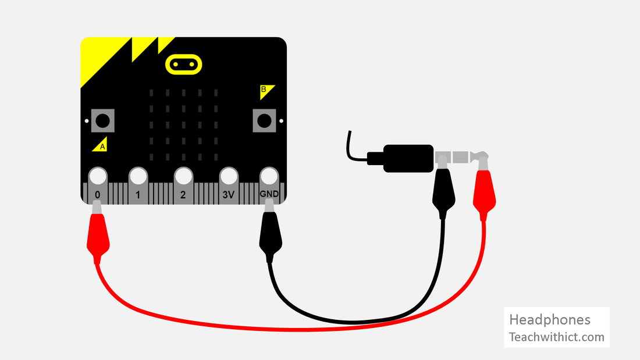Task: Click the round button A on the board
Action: (x=102, y=121)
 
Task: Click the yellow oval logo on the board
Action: (x=184, y=64)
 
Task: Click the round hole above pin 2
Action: (x=183, y=176)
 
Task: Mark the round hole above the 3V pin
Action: (x=228, y=176)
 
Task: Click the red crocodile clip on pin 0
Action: (x=98, y=236)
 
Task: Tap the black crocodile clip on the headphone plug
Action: (x=443, y=195)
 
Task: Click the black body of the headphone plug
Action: (x=407, y=158)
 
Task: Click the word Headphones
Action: (x=549, y=320)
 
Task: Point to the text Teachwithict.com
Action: (x=556, y=337)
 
